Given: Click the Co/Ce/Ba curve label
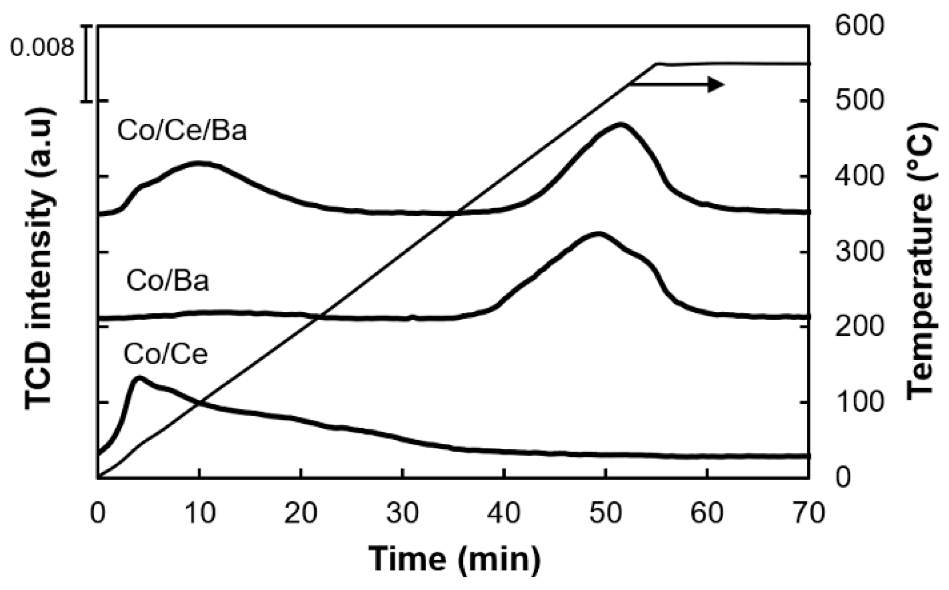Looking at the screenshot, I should [182, 131].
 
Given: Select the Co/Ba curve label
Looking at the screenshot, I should [167, 281].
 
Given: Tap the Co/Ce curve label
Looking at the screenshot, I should [165, 354].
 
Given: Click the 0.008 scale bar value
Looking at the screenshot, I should [42, 48].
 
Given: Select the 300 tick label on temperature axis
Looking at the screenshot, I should [860, 252].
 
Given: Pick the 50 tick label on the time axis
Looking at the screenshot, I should [605, 514].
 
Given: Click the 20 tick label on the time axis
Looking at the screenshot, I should [301, 514].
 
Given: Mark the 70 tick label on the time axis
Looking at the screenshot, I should [808, 514].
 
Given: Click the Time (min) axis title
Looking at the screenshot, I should [454, 558].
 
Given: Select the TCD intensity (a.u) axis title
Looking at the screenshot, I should [39, 259].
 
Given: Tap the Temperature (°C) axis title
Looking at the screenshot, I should [921, 262].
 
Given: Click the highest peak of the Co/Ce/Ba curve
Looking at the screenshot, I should [620, 124].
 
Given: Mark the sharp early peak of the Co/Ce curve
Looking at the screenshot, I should [139, 377].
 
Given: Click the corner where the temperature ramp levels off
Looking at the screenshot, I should [656, 64].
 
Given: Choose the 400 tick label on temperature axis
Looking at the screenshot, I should [860, 176].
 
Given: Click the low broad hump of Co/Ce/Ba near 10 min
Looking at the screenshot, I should [198, 163].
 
